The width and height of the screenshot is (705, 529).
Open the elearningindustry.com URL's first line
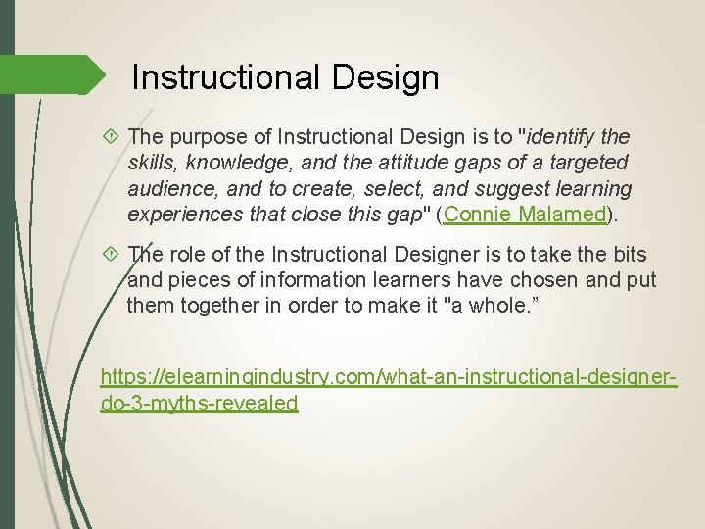click(x=389, y=377)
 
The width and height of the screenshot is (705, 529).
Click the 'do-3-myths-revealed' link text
click(x=199, y=403)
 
